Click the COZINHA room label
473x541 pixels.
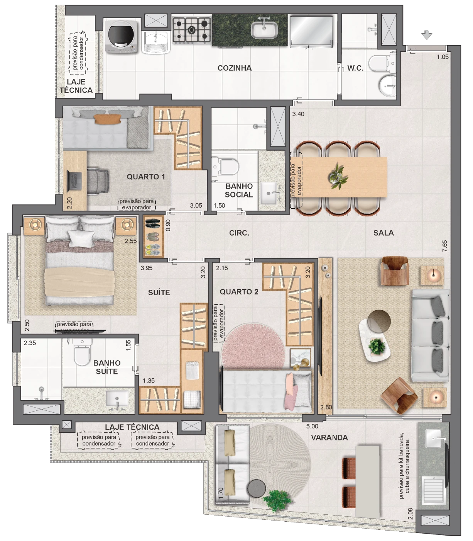tap(235, 68)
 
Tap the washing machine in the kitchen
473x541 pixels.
tap(122, 36)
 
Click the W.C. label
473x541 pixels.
tap(355, 68)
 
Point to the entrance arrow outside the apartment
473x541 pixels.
tap(427, 35)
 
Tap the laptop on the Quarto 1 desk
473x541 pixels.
tap(74, 180)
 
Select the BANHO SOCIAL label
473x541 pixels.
tap(238, 191)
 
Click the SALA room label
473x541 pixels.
tap(383, 233)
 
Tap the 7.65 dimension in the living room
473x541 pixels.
tap(445, 246)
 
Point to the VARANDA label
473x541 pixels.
tap(329, 437)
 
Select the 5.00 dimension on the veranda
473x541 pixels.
tap(312, 426)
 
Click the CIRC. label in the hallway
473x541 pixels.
tap(239, 233)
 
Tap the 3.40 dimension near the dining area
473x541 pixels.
tap(298, 114)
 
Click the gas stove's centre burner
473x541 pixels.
tap(192, 30)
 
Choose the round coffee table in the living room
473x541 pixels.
tap(379, 321)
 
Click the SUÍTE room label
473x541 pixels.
tap(159, 293)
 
